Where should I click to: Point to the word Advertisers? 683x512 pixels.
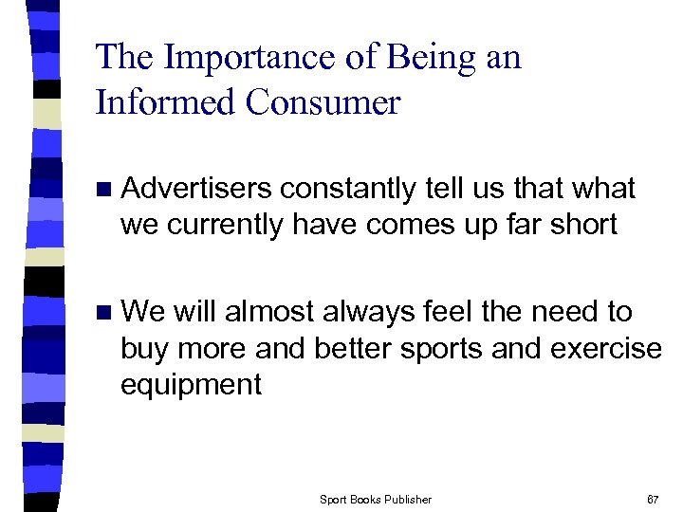pyautogui.click(x=199, y=189)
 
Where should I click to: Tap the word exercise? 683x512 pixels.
pyautogui.click(x=608, y=348)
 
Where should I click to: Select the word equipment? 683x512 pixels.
pyautogui.click(x=191, y=384)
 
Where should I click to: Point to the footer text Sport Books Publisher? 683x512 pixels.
pyautogui.click(x=376, y=500)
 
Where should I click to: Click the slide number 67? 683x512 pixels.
pyautogui.click(x=653, y=500)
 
